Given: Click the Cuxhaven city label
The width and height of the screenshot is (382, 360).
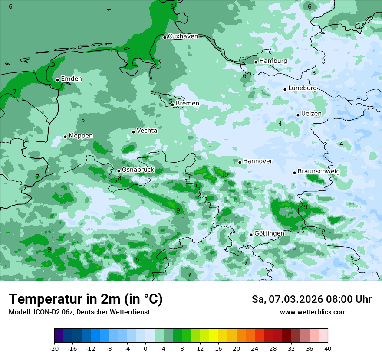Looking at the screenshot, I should [183, 36].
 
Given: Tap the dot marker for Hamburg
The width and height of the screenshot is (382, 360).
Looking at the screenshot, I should [256, 62].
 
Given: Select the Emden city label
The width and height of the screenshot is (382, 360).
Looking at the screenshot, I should [71, 79].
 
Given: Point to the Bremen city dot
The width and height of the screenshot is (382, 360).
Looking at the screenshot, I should [172, 105].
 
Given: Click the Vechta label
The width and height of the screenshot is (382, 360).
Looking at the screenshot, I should [147, 131].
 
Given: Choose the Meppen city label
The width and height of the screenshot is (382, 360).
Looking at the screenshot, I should [81, 136].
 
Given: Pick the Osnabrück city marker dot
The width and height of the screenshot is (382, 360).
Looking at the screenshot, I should [119, 171].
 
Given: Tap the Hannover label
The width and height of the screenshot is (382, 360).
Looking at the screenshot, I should [257, 161].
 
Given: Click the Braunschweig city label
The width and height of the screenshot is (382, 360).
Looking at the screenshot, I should [319, 172].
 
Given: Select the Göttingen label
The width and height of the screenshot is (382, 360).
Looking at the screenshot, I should [269, 233].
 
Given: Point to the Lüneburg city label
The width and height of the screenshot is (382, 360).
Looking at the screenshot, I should [303, 88].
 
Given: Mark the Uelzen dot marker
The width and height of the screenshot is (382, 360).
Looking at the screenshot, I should [298, 115].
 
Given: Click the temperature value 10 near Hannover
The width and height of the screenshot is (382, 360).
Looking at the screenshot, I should [224, 175].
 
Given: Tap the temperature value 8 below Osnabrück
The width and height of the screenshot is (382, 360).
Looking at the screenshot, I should [119, 178].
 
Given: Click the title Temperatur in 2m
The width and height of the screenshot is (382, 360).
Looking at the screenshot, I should [86, 299].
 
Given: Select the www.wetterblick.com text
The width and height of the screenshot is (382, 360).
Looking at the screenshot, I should [313, 312].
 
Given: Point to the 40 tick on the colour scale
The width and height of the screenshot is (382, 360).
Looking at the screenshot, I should [328, 348].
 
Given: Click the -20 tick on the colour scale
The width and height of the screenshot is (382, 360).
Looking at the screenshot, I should [54, 348].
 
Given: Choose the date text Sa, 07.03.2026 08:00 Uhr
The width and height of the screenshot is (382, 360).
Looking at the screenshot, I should [311, 299].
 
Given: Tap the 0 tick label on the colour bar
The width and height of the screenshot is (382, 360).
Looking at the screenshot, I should [145, 348].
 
